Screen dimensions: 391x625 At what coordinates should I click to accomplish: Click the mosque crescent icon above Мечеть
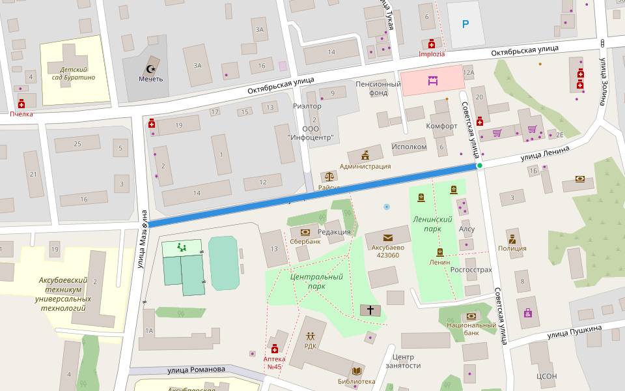coord(151,68)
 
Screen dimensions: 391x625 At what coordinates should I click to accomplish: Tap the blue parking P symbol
coord(465,25)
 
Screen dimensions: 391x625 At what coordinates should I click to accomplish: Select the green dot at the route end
coord(480,166)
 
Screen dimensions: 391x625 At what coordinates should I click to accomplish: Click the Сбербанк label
coord(305,242)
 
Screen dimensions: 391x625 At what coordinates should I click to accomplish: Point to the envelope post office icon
coord(388,238)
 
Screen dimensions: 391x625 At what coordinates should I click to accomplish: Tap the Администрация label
coord(365,166)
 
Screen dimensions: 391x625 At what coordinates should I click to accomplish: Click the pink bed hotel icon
coord(432,81)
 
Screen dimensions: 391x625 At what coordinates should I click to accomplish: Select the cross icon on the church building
coord(371,310)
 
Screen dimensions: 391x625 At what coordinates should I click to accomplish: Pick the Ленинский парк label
coord(432,224)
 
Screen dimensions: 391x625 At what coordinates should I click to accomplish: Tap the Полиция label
coord(512,248)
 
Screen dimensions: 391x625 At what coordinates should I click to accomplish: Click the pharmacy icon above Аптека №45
coord(274,349)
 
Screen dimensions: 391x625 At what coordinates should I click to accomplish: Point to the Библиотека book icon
coord(356,371)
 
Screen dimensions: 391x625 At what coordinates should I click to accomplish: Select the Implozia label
coord(432,54)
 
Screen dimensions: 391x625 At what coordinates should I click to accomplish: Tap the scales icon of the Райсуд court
coord(329,177)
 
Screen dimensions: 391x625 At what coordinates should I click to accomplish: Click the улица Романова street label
coord(196,369)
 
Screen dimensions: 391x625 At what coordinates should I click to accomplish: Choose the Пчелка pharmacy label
coord(21,113)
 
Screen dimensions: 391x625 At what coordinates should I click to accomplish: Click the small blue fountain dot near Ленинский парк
coord(387,207)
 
